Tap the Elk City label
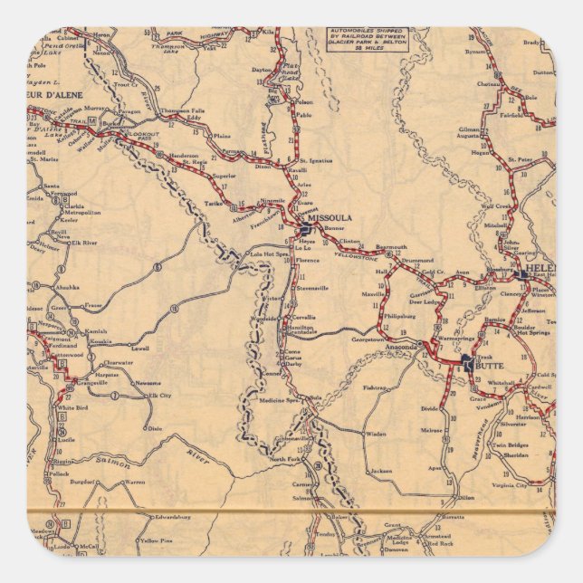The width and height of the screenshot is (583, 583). tap(159, 396)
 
